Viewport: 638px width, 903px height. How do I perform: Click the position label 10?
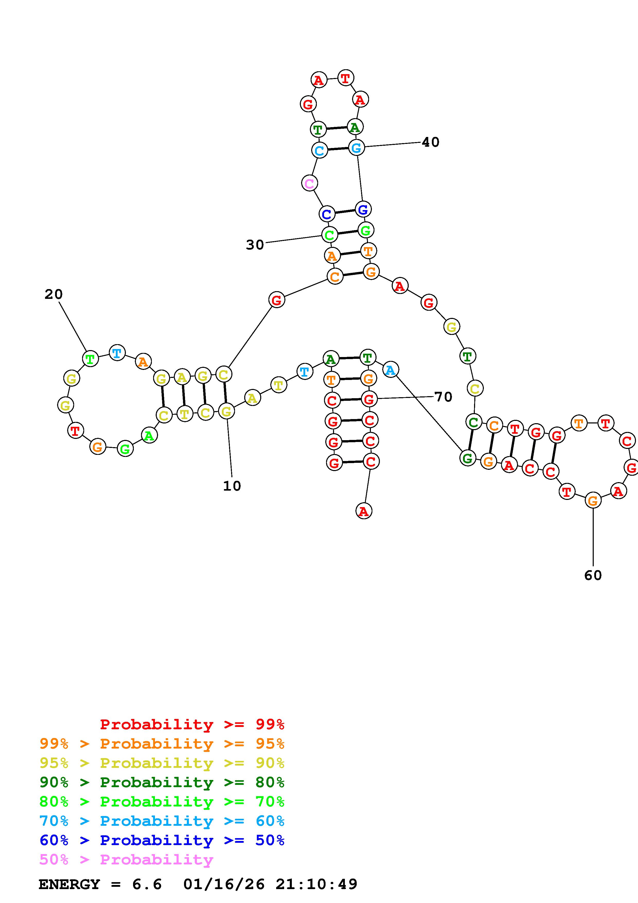tap(232, 486)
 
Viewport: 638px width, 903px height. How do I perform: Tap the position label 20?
tap(54, 294)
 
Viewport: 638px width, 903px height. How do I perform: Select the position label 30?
tap(255, 245)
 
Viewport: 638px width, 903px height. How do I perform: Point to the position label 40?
tap(431, 142)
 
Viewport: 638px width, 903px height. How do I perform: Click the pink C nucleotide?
tap(309, 183)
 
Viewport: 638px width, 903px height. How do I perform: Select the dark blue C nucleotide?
tap(327, 214)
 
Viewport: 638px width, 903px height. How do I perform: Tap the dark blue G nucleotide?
tap(363, 209)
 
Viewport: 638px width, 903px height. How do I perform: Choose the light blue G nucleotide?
tap(356, 148)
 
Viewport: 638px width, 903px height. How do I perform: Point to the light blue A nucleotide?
tap(390, 370)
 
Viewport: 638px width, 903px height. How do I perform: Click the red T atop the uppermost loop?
tap(345, 78)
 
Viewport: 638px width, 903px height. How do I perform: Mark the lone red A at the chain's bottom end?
tap(364, 511)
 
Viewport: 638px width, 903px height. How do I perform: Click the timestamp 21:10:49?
tap(317, 884)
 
